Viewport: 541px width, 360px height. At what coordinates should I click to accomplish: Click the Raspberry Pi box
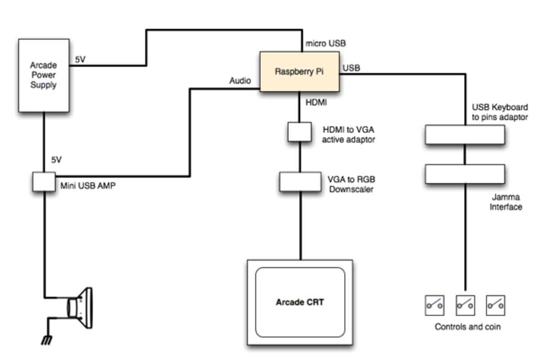click(x=300, y=72)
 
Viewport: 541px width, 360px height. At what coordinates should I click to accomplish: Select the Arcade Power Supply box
click(x=44, y=75)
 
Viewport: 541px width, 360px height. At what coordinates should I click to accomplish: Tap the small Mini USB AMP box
click(x=44, y=181)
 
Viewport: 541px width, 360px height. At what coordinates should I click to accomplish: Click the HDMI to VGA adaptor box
click(x=300, y=131)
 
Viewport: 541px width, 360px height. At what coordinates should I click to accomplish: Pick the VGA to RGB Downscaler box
click(x=300, y=181)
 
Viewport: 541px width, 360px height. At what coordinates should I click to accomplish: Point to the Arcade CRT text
click(x=300, y=302)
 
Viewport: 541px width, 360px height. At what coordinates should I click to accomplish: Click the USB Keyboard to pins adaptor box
click(x=465, y=135)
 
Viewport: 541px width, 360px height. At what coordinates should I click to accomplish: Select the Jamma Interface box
click(x=465, y=174)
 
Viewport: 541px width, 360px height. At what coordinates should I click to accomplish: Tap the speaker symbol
click(x=81, y=307)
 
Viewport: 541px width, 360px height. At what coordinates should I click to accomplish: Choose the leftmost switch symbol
click(x=434, y=305)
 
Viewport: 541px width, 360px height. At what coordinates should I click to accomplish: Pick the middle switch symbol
click(x=465, y=305)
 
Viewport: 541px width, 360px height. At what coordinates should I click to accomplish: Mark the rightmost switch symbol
click(x=495, y=305)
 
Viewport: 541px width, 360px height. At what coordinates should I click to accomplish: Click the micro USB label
click(x=326, y=44)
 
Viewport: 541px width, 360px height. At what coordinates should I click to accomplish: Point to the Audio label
click(x=240, y=81)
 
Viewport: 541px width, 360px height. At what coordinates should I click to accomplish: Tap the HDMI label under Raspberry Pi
click(x=316, y=103)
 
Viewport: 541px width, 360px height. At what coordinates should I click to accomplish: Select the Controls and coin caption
click(x=467, y=327)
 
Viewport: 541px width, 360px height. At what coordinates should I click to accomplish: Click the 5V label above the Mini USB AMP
click(x=56, y=160)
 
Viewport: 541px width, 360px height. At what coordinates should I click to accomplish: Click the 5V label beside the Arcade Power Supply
click(x=80, y=59)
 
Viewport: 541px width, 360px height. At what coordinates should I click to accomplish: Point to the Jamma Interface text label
click(x=506, y=202)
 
